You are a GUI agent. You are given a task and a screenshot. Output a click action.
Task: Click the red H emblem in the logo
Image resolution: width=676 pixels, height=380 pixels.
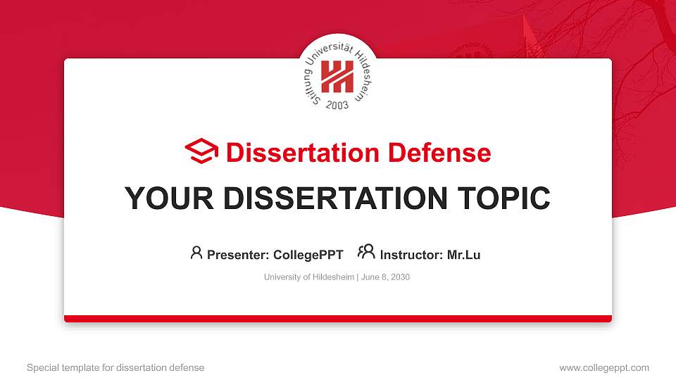[337, 76]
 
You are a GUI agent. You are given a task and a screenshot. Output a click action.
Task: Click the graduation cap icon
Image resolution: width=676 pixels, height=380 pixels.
[201, 151]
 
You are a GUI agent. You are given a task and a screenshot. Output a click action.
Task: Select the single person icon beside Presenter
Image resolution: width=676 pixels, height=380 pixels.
[196, 253]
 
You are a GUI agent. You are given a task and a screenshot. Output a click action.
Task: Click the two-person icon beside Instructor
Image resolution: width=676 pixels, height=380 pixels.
[366, 252]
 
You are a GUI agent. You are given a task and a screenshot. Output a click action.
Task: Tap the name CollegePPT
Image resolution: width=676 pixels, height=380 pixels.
[308, 255]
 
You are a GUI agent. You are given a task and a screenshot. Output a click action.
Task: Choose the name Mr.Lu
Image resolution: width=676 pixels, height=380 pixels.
[463, 255]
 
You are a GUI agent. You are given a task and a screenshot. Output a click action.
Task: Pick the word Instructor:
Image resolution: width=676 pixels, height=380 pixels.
[412, 255]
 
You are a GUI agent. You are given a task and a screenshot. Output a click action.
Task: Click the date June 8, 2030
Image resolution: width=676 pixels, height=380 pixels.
[386, 277]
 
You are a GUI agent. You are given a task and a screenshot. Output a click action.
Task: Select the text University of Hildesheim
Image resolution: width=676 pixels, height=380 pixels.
[309, 277]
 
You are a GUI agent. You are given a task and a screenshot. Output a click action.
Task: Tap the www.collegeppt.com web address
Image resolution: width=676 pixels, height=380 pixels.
[603, 367]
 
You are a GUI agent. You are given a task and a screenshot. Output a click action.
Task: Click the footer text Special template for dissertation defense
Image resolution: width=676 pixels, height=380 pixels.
[115, 367]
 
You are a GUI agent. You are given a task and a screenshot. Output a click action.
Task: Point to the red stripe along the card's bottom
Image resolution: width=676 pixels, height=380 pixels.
[338, 319]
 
